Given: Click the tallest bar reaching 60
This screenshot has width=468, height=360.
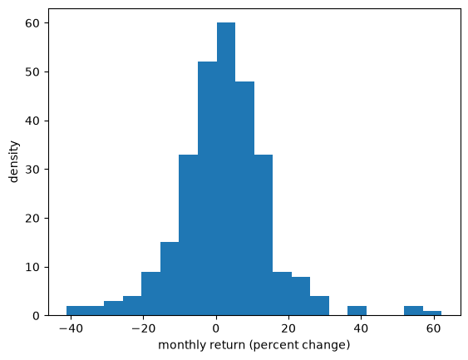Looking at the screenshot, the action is (x=226, y=169).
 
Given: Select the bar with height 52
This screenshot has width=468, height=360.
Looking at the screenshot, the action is (x=208, y=189).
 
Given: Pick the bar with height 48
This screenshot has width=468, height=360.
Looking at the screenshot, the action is (x=244, y=198).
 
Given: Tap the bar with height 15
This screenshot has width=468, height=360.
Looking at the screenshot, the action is (x=170, y=279).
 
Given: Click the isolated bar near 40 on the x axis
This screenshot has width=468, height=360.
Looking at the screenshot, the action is (x=357, y=310).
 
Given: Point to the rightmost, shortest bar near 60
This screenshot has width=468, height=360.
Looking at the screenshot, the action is (x=432, y=313).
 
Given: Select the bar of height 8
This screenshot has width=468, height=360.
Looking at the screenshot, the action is (x=301, y=296).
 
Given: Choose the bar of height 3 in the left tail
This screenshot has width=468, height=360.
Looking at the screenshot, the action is (x=113, y=308).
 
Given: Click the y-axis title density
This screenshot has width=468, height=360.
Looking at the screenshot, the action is (x=14, y=161).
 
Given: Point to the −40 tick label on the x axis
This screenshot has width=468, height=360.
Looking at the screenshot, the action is (x=71, y=328).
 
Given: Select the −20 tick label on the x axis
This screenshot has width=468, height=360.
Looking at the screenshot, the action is (x=144, y=328).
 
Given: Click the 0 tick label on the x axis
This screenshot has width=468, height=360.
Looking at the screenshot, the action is (x=216, y=328).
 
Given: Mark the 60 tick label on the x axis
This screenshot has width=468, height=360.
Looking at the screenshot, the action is (x=434, y=328).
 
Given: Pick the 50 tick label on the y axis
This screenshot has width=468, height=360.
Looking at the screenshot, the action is (x=32, y=72).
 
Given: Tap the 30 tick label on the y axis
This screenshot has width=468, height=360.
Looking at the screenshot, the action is (x=32, y=170).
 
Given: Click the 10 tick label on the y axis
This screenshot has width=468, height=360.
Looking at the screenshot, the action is (x=32, y=267).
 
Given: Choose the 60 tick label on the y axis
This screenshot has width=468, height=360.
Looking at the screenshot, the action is (x=32, y=23).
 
